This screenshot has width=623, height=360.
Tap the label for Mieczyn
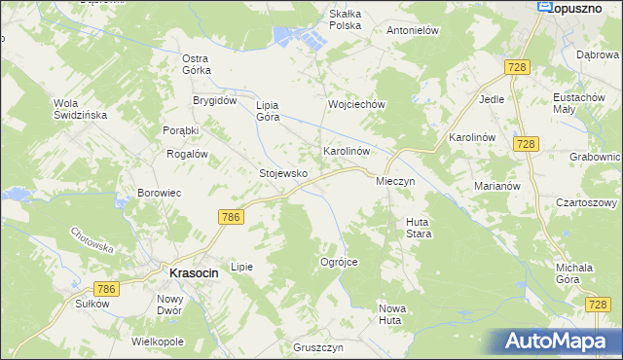click(x=395, y=182)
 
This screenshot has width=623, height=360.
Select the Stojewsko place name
click(x=283, y=173)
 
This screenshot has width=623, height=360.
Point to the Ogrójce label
click(x=340, y=262)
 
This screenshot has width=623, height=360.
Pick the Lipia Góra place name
click(x=268, y=111)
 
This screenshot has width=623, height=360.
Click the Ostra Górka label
click(x=197, y=64)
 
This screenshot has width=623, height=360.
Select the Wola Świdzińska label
click(x=80, y=109)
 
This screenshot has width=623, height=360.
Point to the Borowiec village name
click(x=160, y=193)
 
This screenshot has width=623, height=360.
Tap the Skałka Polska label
click(x=345, y=19)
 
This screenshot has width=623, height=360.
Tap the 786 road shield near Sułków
click(x=106, y=289)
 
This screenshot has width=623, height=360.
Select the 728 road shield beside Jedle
click(x=517, y=66)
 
